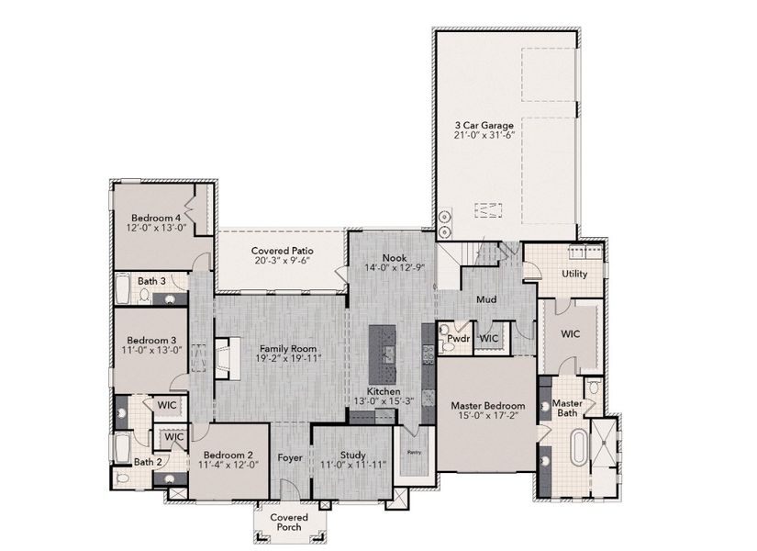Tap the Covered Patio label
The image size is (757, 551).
(x=280, y=250)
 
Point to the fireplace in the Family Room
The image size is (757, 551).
(x=223, y=356)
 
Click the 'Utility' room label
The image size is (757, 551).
(x=574, y=274)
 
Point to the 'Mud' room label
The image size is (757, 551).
(x=485, y=299)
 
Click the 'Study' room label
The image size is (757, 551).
(x=352, y=454)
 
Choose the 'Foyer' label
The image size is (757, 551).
(x=291, y=457)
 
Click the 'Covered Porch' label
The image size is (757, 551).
(x=289, y=523)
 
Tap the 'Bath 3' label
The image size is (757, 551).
(x=151, y=281)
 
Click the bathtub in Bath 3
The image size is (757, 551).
(x=124, y=291)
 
